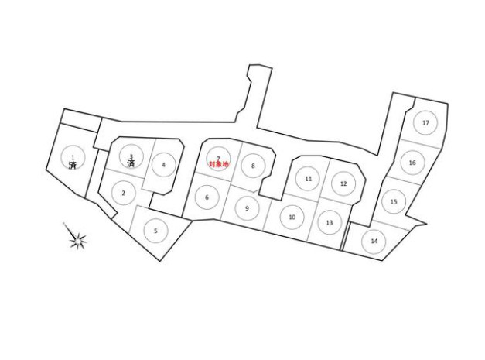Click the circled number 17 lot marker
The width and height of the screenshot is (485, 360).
tap(425, 122)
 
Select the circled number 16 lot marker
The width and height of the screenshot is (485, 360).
tap(412, 163)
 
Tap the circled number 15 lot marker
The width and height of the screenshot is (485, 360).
tap(394, 201)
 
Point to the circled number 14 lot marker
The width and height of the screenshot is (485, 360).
tap(374, 241)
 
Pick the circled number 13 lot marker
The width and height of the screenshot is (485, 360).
tap(330, 222)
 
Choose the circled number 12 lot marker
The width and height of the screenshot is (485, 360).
tap(343, 183)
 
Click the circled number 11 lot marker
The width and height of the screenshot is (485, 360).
tap(308, 179)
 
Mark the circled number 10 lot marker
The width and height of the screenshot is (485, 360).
tap(292, 218)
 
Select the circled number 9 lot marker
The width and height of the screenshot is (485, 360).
tap(247, 208)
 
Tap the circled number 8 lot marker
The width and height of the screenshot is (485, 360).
tap(253, 165)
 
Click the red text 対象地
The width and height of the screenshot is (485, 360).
tap(219, 165)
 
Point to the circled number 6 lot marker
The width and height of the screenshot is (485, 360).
tap(207, 197)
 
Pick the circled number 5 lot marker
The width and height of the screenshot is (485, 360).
tap(155, 230)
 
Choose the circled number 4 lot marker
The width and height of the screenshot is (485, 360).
tap(163, 164)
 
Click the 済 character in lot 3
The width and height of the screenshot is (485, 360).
tap(131, 165)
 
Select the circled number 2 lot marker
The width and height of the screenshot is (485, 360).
tap(123, 192)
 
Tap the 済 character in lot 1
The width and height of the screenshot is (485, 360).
tap(72, 165)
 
